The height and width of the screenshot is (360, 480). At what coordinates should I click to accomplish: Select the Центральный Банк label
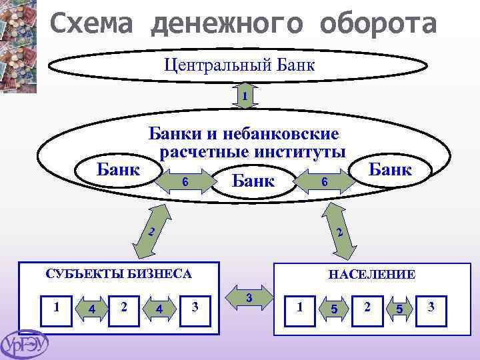point(239,65)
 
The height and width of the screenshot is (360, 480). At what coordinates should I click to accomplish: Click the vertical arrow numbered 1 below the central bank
point(245,96)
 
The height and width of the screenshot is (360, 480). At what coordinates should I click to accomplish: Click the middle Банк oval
point(252,179)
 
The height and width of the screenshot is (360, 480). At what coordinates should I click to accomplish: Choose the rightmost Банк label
point(390,169)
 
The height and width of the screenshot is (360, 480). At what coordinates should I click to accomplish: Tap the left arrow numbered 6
point(187,181)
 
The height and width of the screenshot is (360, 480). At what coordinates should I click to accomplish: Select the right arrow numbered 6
point(323,181)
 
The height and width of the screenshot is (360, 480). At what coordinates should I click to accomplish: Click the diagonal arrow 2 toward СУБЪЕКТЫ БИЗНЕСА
point(152,233)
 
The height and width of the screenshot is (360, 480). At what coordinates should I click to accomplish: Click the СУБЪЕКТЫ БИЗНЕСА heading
point(118,273)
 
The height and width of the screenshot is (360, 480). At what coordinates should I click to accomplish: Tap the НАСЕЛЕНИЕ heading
point(372,274)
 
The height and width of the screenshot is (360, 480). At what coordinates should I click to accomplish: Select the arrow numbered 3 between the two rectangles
point(248,297)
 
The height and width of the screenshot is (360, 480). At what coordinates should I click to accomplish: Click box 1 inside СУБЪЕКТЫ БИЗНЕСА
point(59,307)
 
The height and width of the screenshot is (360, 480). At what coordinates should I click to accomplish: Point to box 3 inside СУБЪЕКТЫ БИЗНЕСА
point(195,307)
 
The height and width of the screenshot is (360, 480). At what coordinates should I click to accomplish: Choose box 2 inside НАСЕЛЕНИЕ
point(367,307)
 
